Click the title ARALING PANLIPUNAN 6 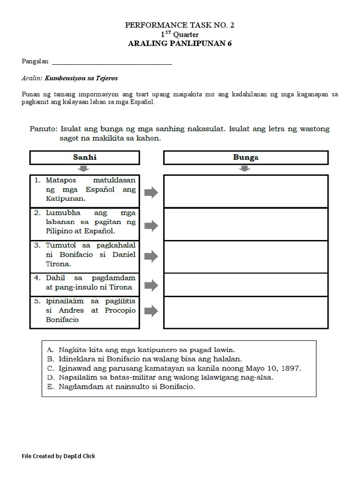(x=180, y=44)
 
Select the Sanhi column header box (x=85, y=157)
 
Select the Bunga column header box (x=245, y=157)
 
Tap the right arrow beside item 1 (x=151, y=192)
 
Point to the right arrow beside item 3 (x=151, y=256)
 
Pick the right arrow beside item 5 (x=151, y=310)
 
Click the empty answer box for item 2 (x=245, y=224)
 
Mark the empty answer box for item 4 (x=245, y=285)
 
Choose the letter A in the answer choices (x=50, y=350)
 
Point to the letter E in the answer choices (x=50, y=387)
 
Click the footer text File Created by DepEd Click (x=59, y=456)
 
